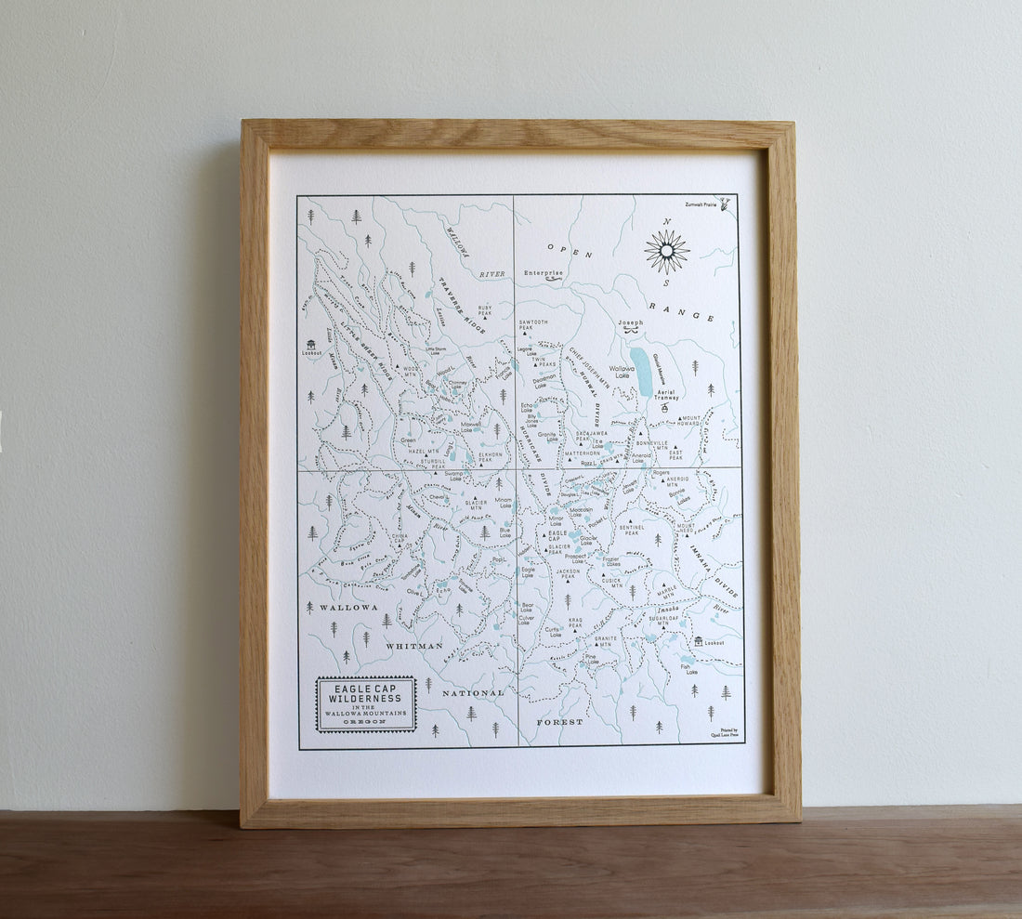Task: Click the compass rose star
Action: click(666, 251)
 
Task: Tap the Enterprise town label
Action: click(544, 273)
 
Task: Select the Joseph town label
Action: click(630, 323)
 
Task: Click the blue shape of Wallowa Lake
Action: click(640, 371)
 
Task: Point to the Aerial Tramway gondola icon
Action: click(664, 407)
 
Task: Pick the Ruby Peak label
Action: click(485, 309)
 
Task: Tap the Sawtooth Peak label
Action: click(533, 325)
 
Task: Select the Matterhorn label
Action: click(583, 453)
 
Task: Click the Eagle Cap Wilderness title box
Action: click(366, 703)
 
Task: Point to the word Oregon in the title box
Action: click(366, 722)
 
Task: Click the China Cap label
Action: click(399, 539)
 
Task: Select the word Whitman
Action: click(413, 646)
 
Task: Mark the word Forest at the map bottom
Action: click(559, 722)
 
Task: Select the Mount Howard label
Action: click(691, 421)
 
